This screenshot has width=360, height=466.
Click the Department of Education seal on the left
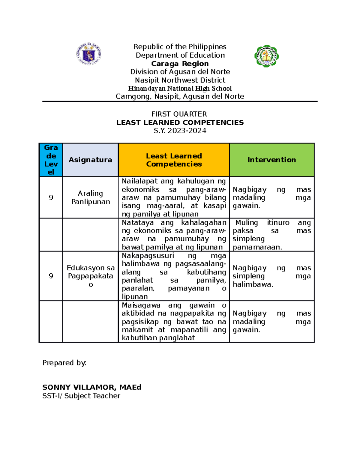click(89, 54)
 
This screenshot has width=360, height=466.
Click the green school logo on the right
click(267, 56)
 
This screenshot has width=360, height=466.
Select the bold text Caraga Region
click(180, 64)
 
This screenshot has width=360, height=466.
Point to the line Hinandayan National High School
click(180, 89)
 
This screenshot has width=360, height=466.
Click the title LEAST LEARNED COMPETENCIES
click(180, 122)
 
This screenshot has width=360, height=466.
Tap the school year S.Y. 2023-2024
click(180, 131)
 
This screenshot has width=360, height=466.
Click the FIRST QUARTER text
click(179, 114)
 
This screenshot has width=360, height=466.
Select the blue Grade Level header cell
click(51, 160)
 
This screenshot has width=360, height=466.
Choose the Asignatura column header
click(90, 160)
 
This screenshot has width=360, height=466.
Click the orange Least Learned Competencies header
click(174, 160)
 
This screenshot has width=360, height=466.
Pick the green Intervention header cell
click(271, 160)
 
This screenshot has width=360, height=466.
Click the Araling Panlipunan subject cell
click(90, 197)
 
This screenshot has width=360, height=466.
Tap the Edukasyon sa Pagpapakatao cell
click(90, 276)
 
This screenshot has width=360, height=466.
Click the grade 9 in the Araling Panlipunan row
click(51, 197)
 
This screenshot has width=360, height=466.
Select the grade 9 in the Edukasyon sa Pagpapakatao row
click(51, 276)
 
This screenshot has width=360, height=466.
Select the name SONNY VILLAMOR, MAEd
click(92, 387)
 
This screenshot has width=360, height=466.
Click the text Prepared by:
click(64, 363)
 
